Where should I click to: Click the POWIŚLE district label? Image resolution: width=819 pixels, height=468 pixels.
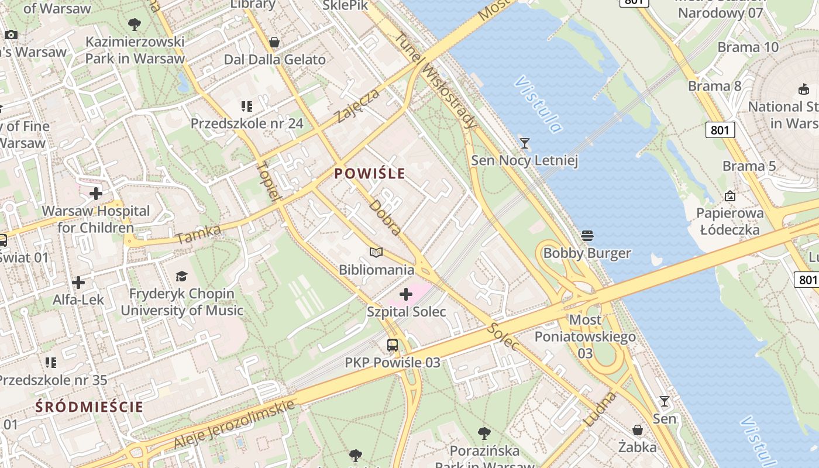370,173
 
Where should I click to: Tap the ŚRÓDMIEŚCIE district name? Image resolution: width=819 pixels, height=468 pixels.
89,407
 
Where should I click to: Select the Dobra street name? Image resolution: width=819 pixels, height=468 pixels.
386,218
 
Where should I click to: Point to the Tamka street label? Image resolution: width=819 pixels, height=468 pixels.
198,235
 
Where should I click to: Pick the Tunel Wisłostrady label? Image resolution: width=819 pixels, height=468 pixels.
436,79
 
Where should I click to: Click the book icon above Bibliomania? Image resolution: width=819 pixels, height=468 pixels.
377,253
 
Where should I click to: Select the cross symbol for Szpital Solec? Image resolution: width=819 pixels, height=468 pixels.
406,294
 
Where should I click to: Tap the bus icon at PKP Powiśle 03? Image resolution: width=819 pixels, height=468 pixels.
393,345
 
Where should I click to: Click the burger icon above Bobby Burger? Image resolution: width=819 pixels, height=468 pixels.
587,236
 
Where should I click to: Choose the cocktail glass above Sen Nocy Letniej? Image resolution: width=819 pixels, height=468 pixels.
525,143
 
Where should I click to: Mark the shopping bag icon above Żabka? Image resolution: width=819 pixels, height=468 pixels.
638,430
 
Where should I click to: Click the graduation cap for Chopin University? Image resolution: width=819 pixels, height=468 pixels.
182,276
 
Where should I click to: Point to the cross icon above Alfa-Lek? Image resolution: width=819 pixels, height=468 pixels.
78,283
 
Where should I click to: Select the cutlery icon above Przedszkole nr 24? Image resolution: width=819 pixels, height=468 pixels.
247,106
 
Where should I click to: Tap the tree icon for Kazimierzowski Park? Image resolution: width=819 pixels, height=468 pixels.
135,25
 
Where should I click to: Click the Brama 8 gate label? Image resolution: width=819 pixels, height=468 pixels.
714,87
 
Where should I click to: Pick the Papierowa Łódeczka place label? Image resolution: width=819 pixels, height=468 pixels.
730,221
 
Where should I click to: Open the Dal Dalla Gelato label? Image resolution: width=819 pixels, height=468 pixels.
275,60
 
